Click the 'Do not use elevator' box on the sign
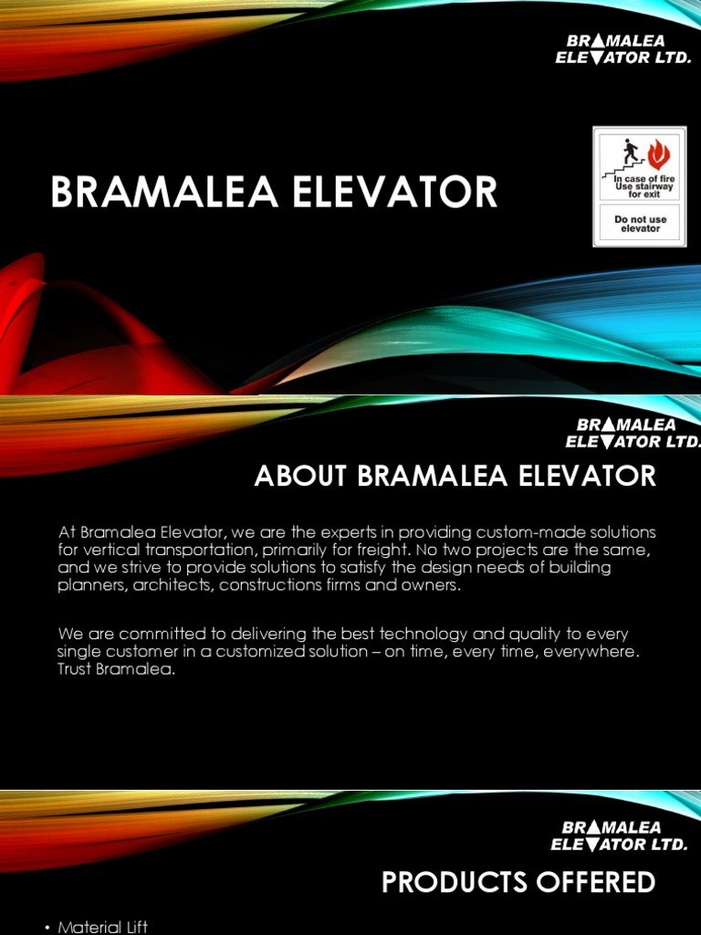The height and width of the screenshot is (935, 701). pyautogui.click(x=640, y=224)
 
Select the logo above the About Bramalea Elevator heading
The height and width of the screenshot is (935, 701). pyautogui.click(x=633, y=434)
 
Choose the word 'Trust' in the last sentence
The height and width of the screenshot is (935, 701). pyautogui.click(x=78, y=668)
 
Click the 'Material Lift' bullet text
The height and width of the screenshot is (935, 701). pyautogui.click(x=103, y=927)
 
